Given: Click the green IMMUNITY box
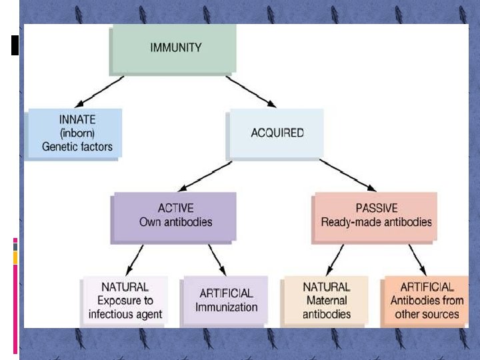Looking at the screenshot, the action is tap(176, 48).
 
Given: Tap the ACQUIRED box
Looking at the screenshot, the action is tap(277, 133).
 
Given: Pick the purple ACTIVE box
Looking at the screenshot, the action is tap(175, 215).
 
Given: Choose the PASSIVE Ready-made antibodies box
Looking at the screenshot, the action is tap(376, 215).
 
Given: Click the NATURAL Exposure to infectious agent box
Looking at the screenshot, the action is tap(125, 301).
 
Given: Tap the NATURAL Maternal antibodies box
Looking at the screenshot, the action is tap(326, 301).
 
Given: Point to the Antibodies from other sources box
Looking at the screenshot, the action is tap(427, 301).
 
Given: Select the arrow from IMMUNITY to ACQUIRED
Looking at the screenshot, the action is tap(251, 91).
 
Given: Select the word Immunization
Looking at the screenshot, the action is tap(226, 307).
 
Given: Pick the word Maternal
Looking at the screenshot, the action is tap(327, 301).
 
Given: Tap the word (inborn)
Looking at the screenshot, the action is tap(77, 133).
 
